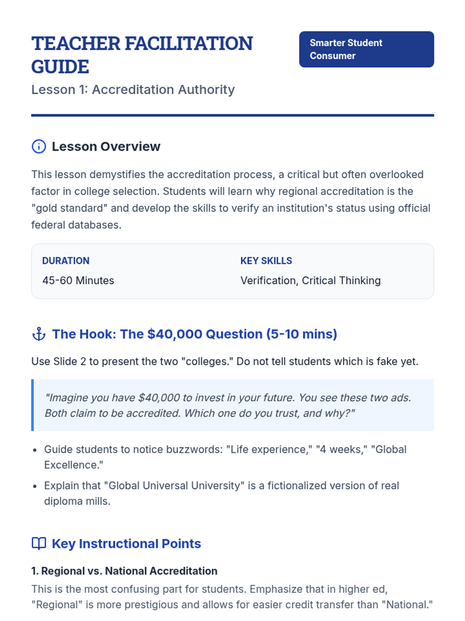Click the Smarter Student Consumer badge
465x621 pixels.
point(366,49)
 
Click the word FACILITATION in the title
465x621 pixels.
point(188,43)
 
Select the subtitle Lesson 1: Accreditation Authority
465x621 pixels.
point(133,90)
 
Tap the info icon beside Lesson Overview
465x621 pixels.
point(39,147)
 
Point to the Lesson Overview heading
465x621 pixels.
point(106,147)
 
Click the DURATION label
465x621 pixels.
point(66,261)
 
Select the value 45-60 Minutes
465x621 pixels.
point(78,281)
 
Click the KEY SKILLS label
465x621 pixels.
point(266,261)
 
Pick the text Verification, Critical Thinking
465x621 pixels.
point(310,281)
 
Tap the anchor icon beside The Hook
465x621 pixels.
point(39,334)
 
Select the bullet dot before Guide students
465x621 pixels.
point(35,450)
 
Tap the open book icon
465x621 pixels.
point(39,544)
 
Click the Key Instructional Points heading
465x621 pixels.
point(126,544)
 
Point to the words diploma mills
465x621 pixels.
point(77,501)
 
